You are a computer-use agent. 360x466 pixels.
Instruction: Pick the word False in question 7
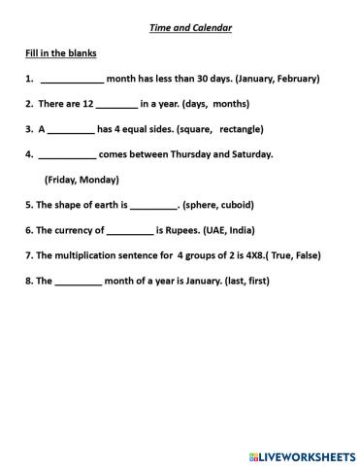click(303, 255)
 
